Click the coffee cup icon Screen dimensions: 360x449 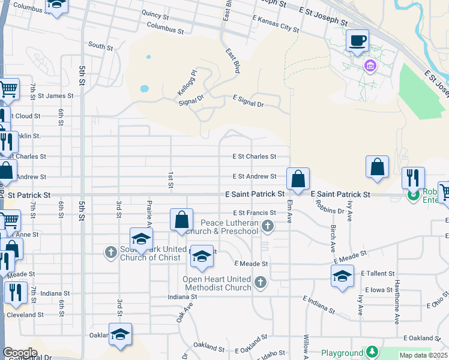[358, 41]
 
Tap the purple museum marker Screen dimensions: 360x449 [370, 65]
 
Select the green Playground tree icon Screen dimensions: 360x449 [372, 352]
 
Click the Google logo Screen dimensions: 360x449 [20, 352]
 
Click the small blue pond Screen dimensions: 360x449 [144, 89]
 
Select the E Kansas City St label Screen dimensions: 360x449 [276, 24]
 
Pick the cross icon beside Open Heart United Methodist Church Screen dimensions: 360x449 [260, 282]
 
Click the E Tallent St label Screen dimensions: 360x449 [377, 273]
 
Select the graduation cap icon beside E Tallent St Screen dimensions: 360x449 [342, 277]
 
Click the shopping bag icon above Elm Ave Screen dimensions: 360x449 [298, 178]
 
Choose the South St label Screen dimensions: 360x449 [100, 46]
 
